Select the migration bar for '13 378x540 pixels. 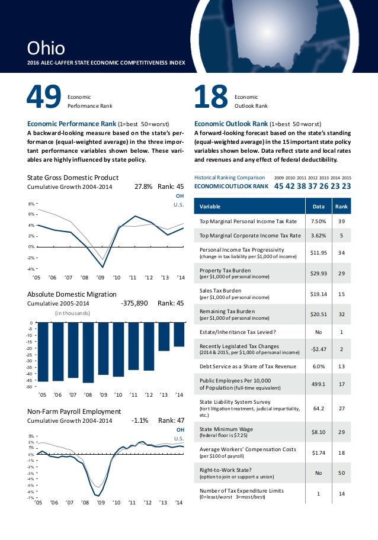[x=164, y=336]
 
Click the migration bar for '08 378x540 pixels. [x=88, y=352]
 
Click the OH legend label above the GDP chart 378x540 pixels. [x=180, y=195]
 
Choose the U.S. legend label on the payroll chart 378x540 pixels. [x=179, y=438]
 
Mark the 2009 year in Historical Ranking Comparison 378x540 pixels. [x=280, y=176]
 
